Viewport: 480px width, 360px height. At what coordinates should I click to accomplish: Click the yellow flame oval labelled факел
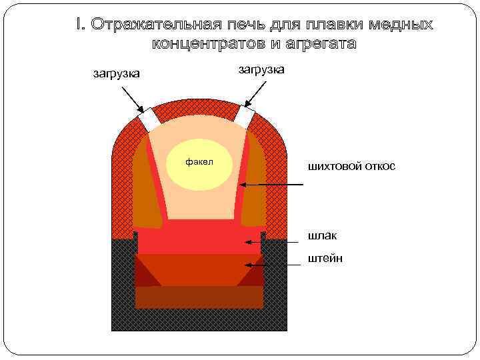[x=199, y=163]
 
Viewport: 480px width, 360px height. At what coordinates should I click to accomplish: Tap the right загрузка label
[x=261, y=69]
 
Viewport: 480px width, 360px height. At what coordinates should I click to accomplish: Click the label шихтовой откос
[x=351, y=165]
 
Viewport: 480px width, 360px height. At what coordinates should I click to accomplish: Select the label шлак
[x=323, y=235]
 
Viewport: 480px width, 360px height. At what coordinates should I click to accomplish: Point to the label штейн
[x=325, y=258]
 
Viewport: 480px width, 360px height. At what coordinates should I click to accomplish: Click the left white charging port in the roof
[x=149, y=120]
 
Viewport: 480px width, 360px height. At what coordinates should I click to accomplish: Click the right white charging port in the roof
[x=243, y=117]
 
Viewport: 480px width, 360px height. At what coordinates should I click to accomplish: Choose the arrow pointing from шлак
[x=267, y=241]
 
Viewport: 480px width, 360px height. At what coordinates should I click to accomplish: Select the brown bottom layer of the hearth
[x=199, y=297]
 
